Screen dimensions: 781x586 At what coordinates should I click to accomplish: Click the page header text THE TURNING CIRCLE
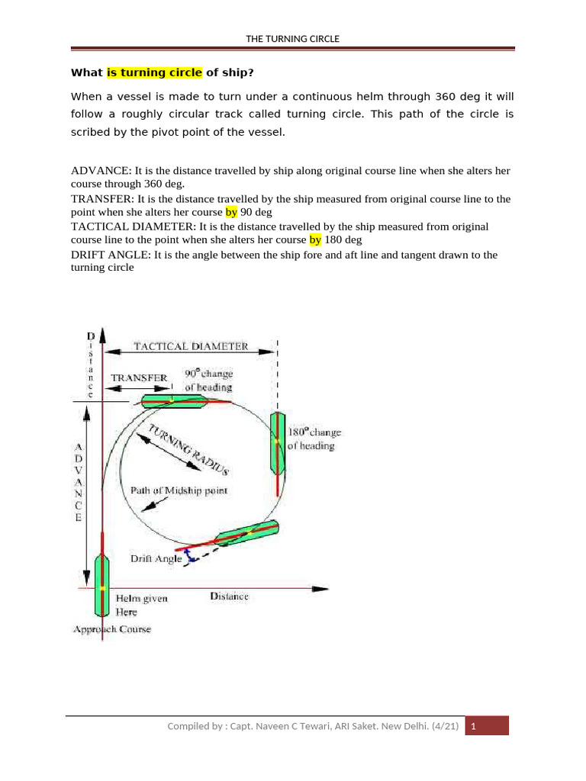click(292, 39)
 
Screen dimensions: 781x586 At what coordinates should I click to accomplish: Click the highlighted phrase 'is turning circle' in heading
click(154, 73)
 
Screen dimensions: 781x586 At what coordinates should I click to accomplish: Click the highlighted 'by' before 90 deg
click(231, 212)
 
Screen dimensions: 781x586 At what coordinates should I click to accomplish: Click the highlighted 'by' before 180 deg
click(316, 239)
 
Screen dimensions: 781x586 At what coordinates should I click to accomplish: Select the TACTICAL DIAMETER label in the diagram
click(191, 346)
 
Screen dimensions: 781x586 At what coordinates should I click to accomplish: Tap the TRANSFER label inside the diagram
click(139, 378)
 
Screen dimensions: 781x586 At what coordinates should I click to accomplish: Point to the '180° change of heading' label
click(314, 439)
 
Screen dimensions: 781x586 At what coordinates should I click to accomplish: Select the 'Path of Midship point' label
click(179, 490)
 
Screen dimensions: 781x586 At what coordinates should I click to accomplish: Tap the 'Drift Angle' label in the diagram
click(156, 558)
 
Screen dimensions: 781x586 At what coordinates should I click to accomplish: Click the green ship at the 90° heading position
click(172, 401)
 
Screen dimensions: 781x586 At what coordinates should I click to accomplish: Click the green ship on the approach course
click(102, 585)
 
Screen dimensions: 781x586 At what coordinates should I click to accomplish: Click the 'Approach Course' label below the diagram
click(111, 629)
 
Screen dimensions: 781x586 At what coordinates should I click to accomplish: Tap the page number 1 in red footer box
click(474, 727)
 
